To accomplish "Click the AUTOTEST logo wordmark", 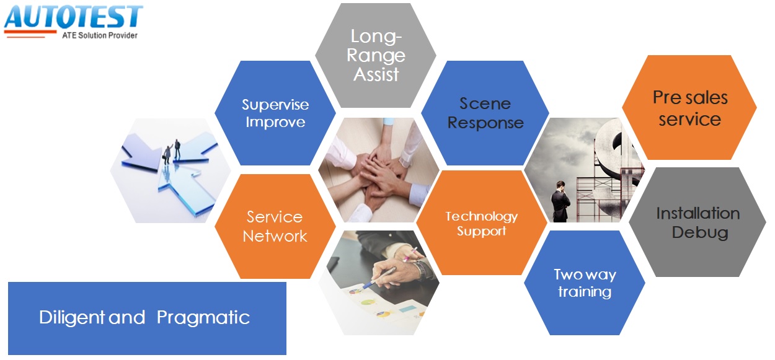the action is click(x=73, y=17).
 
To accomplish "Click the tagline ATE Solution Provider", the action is click(x=100, y=35).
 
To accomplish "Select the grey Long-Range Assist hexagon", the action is click(x=376, y=55).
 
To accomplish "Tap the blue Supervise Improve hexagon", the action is click(x=275, y=113).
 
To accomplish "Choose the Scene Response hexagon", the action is click(x=485, y=113).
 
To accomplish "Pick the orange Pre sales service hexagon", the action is click(x=689, y=108).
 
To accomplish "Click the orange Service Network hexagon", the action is click(x=275, y=227).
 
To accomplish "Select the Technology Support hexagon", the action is click(x=482, y=223).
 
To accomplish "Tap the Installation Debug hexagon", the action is click(x=698, y=222).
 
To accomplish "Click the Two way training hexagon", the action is click(x=585, y=283).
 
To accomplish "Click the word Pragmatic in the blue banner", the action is click(x=203, y=317).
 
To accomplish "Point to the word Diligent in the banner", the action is click(x=72, y=317).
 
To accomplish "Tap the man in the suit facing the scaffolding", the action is click(x=560, y=201).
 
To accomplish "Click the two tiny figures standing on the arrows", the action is click(x=172, y=151).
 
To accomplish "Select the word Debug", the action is click(x=700, y=232).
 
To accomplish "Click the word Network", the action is click(x=275, y=237).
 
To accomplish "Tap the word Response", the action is click(x=485, y=123).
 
